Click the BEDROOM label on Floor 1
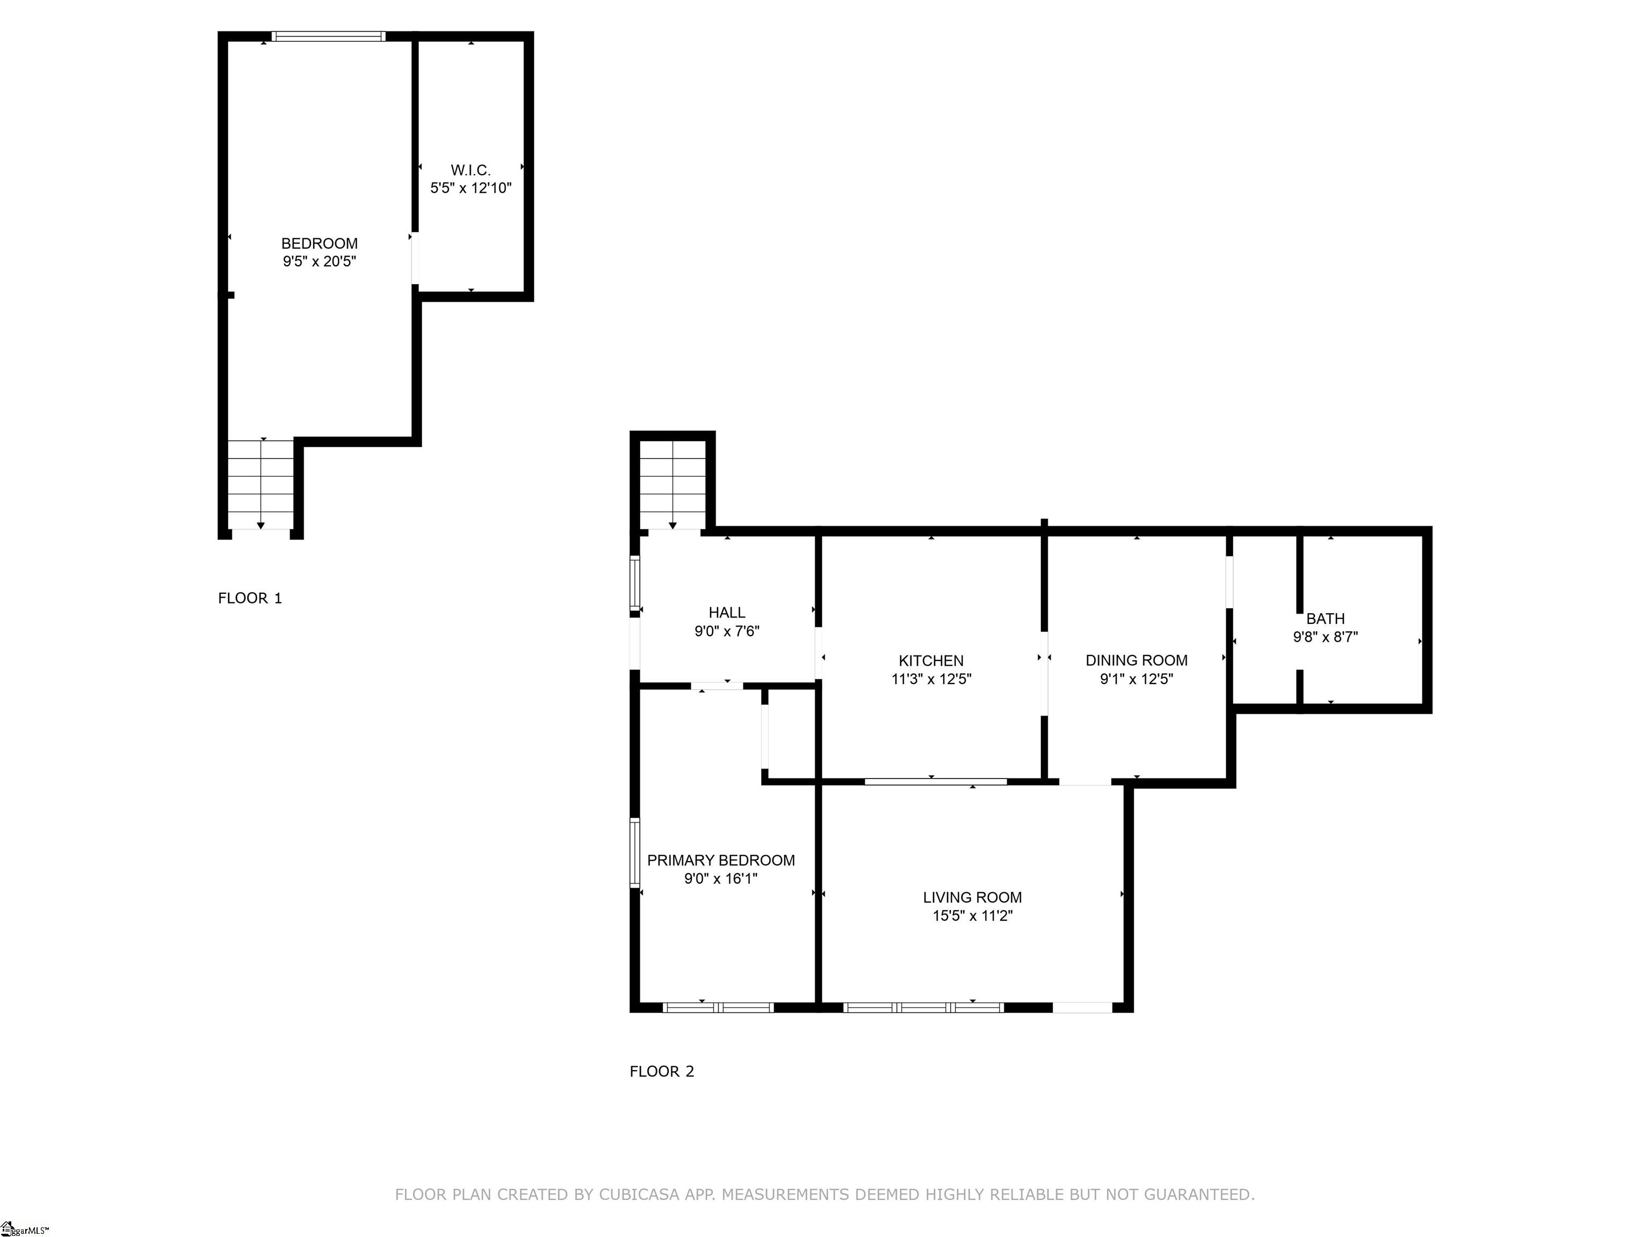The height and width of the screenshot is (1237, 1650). [x=319, y=244]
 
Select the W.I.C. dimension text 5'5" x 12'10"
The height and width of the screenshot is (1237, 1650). [x=471, y=188]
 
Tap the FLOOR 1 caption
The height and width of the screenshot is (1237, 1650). [x=250, y=598]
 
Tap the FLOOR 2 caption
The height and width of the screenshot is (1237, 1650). [x=662, y=1072]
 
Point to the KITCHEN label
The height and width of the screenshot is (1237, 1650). [x=931, y=660]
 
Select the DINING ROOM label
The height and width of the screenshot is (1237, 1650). [x=1136, y=660]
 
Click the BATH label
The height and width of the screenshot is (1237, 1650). [x=1326, y=618]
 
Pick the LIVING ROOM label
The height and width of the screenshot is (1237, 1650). [x=972, y=898]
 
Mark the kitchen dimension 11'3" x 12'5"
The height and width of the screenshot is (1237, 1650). [x=931, y=679]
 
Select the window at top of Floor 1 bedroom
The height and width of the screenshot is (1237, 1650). [x=328, y=36]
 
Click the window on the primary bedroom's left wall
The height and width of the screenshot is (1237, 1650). [x=635, y=852]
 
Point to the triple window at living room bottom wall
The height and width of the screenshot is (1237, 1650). [x=923, y=1007]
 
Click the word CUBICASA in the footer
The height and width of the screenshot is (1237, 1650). [x=639, y=1195]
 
